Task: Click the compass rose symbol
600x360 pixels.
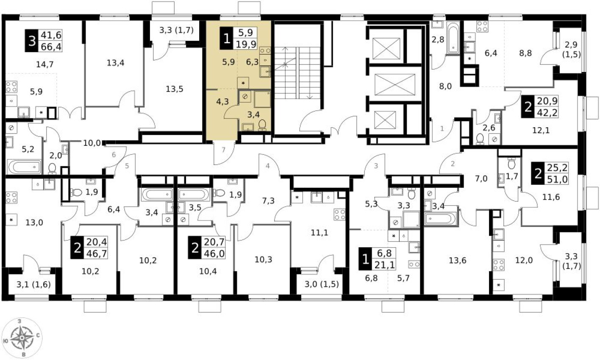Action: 22,338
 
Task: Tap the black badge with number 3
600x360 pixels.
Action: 31,41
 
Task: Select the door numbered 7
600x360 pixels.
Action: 223,149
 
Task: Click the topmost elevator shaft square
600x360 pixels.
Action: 385,47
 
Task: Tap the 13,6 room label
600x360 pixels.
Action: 457,260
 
